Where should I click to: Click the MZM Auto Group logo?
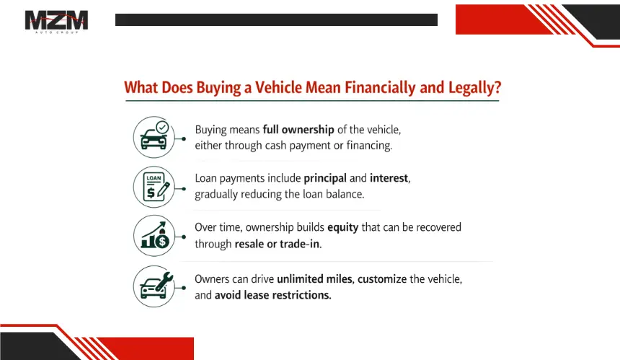tap(56, 22)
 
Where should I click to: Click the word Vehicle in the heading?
tap(278, 87)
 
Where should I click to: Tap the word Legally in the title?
tap(474, 88)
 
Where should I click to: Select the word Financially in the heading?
tap(381, 88)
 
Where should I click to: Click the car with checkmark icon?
tap(154, 137)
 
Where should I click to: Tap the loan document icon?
tap(154, 187)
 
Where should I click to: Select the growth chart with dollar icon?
tap(154, 236)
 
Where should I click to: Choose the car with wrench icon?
tap(154, 286)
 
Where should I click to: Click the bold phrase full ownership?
tap(298, 130)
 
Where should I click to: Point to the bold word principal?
tap(325, 179)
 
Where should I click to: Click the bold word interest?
tap(389, 178)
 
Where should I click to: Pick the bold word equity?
tap(343, 228)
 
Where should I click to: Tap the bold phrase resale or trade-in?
tap(277, 244)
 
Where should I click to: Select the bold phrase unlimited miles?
tap(314, 279)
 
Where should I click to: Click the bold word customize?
tap(382, 279)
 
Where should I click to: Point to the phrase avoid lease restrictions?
tap(273, 295)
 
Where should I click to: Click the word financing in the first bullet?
tap(369, 146)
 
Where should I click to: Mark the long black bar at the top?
tap(276, 19)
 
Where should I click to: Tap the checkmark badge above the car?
tap(162, 127)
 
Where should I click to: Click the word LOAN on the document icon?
tap(154, 178)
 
